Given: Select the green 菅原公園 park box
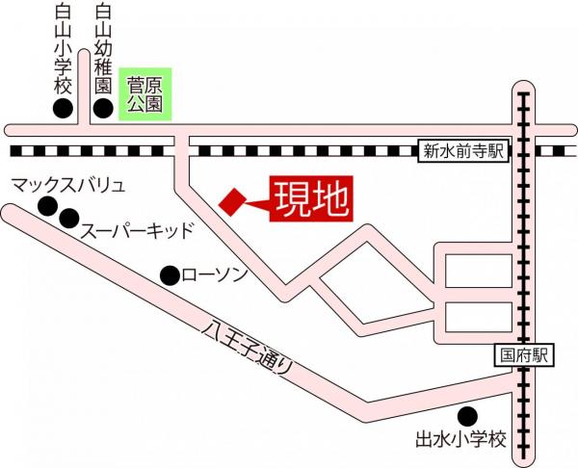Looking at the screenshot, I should coord(145,93).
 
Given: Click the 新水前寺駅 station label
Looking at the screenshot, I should coord(463,150).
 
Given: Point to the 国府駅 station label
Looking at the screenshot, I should coord(524,354).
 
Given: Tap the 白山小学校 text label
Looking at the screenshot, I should coord(64,48).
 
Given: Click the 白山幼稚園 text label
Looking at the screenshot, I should coord(105,48).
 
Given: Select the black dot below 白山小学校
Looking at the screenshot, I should coord(64,108).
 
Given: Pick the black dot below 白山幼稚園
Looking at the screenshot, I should coord(104,108).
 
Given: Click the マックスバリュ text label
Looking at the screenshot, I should coord(68,183).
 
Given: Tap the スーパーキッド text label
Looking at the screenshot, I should coord(137,230).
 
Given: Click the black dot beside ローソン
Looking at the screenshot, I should coord(170,274).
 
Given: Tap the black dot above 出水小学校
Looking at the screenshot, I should coord(467,417).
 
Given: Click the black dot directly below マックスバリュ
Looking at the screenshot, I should coord(47,205).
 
